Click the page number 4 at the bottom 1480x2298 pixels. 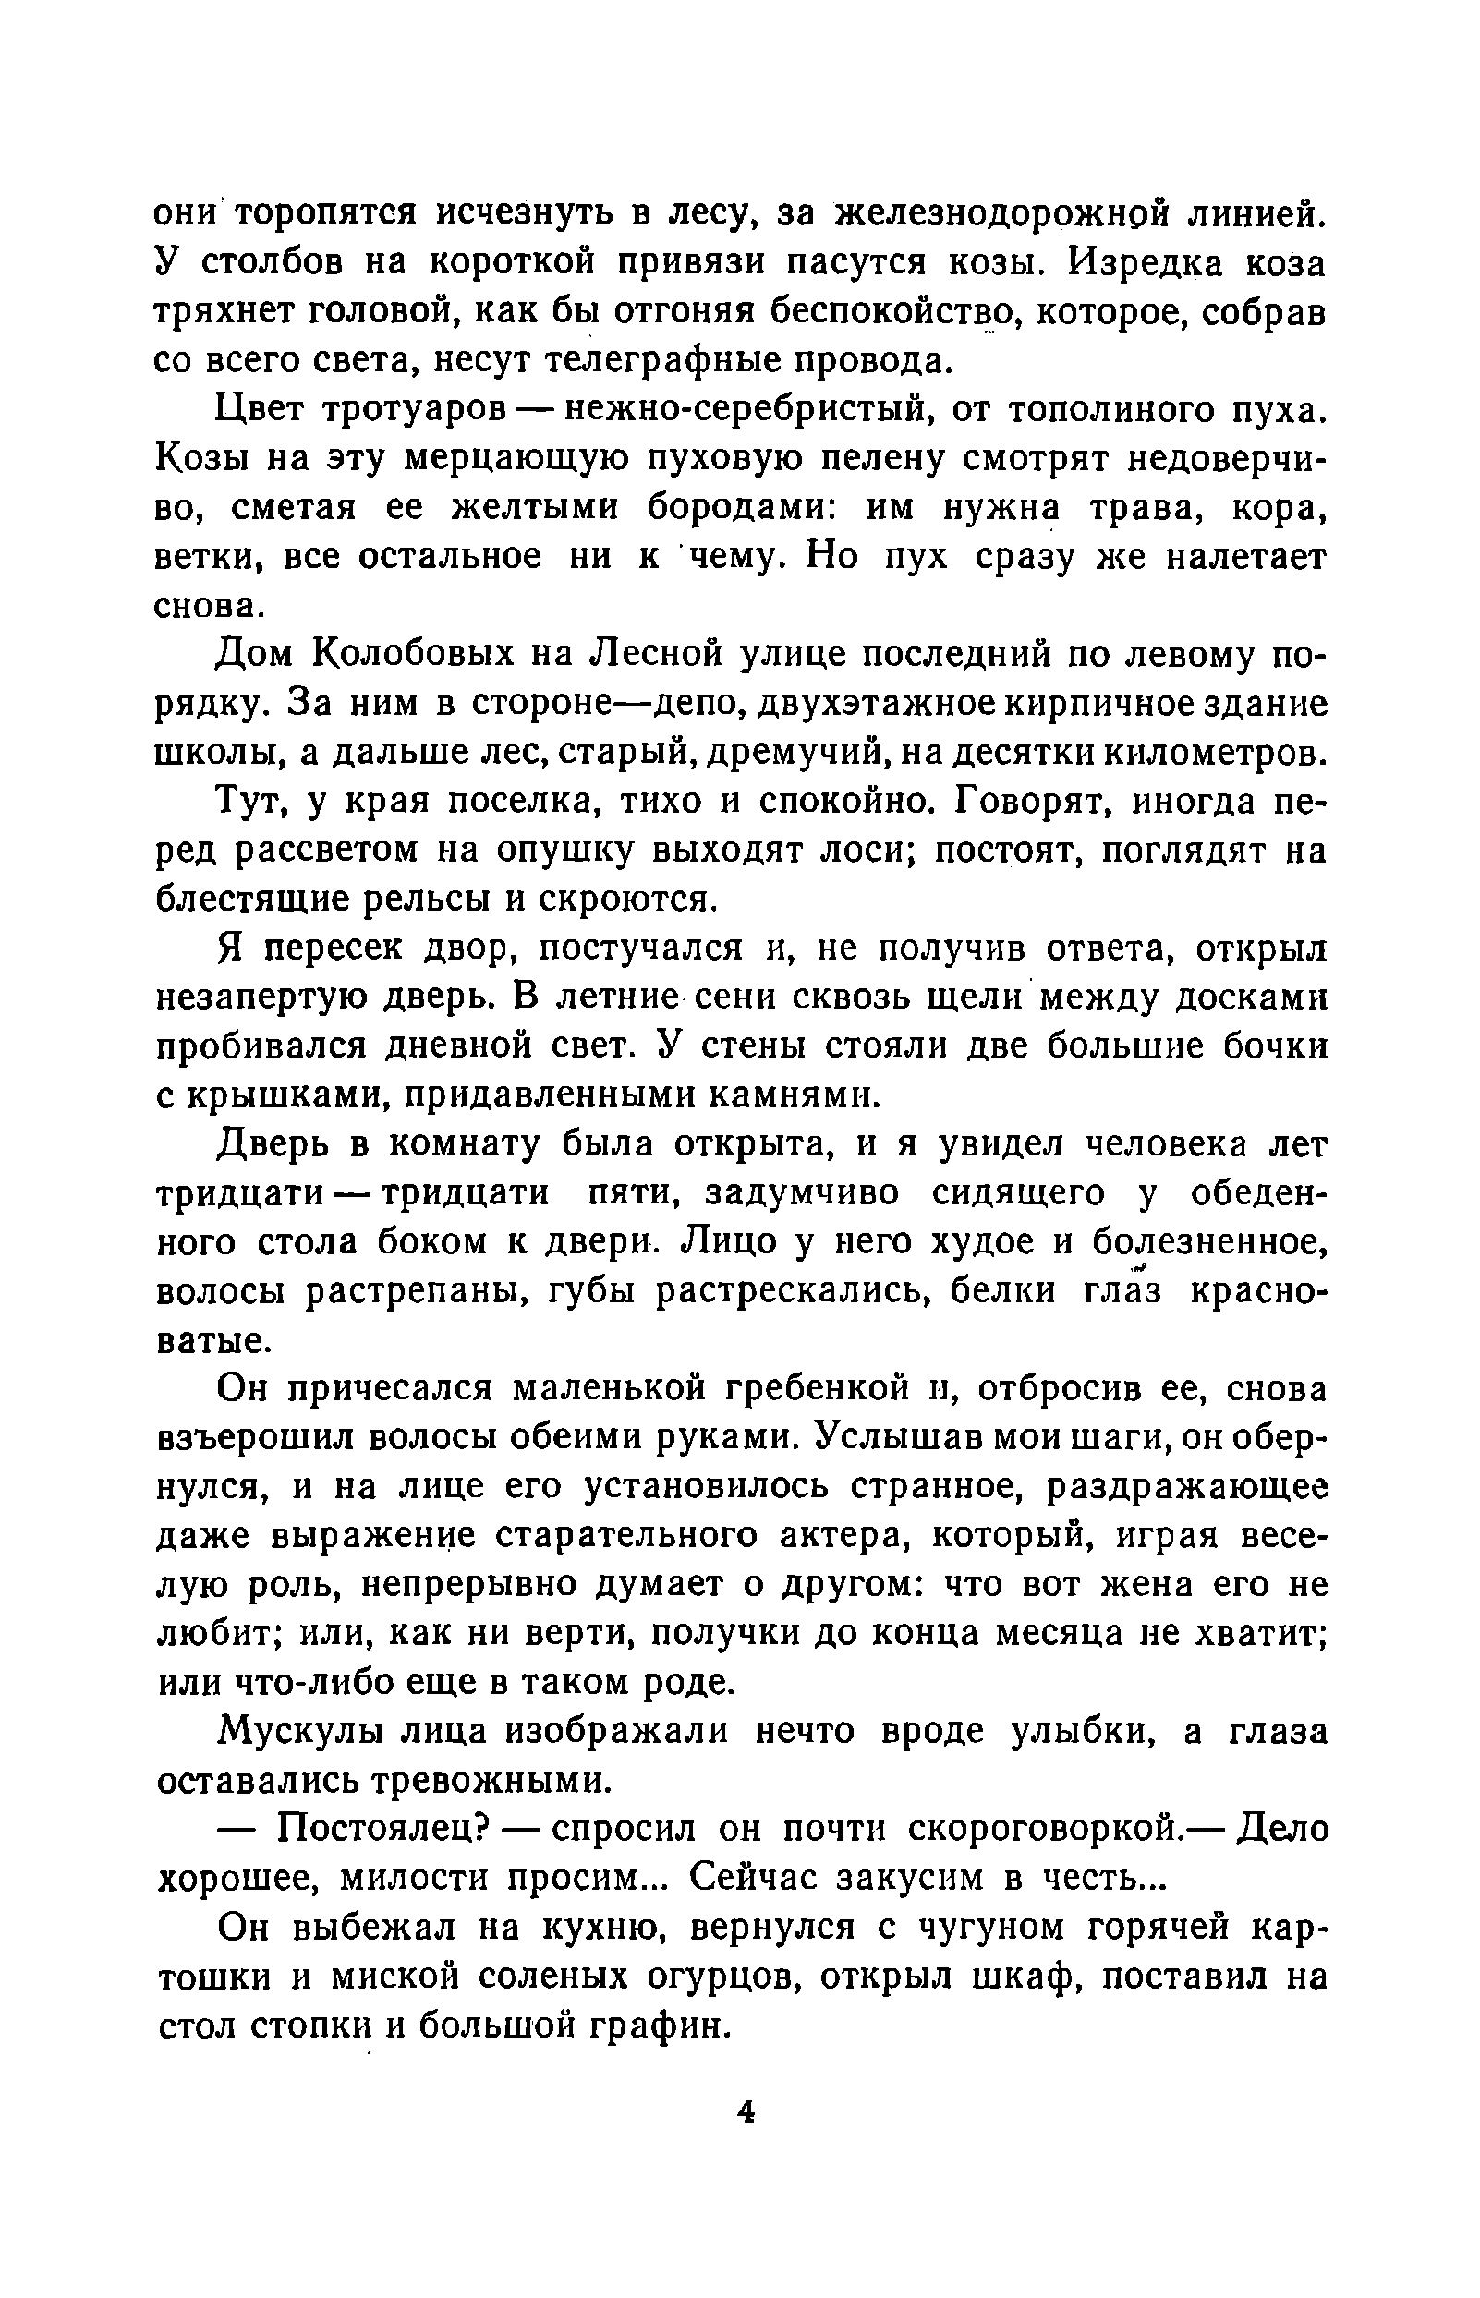pos(746,2111)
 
